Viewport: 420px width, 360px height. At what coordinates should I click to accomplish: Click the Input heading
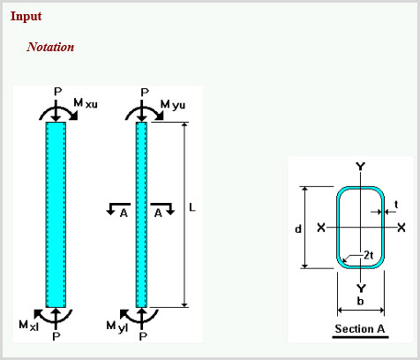pos(26,17)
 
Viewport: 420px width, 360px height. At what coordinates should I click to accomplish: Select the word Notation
pos(50,47)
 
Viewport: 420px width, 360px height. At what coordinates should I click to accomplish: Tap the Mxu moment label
pos(86,103)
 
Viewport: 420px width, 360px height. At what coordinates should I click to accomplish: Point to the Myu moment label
pos(173,105)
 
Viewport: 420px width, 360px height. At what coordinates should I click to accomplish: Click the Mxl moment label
pos(28,326)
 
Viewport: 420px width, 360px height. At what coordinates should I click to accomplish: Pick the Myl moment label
pos(117,326)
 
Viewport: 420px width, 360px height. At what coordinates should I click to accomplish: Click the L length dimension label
pos(192,207)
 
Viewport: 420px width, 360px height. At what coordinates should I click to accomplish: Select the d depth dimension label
pos(298,229)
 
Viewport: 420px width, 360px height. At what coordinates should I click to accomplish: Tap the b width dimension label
pos(360,301)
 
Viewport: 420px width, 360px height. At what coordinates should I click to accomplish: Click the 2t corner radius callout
pos(369,255)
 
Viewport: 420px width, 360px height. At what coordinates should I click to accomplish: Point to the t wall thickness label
pos(396,204)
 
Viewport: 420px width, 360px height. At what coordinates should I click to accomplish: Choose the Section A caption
pos(360,328)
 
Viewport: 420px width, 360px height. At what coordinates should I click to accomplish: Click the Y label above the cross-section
pos(361,167)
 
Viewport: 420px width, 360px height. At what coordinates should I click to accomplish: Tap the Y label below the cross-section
pos(361,289)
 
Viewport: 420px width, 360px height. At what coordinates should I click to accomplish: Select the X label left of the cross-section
pos(321,228)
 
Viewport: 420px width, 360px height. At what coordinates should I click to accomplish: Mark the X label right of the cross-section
pos(401,228)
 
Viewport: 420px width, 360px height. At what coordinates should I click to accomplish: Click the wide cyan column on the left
pos(56,214)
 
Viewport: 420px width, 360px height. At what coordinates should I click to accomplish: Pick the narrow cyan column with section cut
pos(141,214)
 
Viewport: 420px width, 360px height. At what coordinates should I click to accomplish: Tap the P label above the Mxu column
pos(58,92)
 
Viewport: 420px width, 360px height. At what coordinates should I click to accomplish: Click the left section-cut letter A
pos(124,213)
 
